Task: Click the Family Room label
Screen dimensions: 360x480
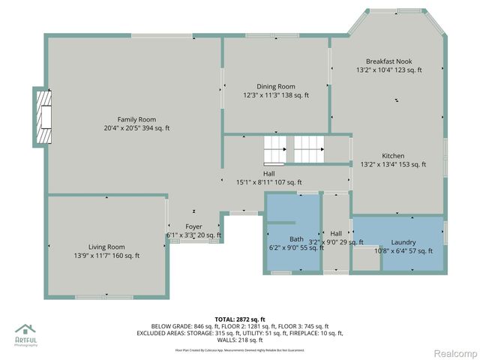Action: [136, 119]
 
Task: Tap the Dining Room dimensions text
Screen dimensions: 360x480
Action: [276, 95]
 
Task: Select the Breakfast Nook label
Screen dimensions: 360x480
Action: [388, 61]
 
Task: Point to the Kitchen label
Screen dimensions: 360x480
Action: [393, 156]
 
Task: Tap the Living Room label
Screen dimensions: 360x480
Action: [106, 247]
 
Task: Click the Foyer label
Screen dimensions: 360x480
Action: [193, 226]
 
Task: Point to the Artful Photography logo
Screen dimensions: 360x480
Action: [26, 335]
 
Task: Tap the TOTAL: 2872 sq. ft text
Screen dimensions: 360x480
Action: [239, 319]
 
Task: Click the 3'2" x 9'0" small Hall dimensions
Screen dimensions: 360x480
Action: [336, 242]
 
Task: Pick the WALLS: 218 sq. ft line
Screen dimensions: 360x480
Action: [240, 340]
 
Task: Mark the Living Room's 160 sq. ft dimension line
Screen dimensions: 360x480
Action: [106, 256]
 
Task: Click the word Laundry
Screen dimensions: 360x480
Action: [403, 242]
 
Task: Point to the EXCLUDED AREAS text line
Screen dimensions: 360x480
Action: [239, 333]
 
